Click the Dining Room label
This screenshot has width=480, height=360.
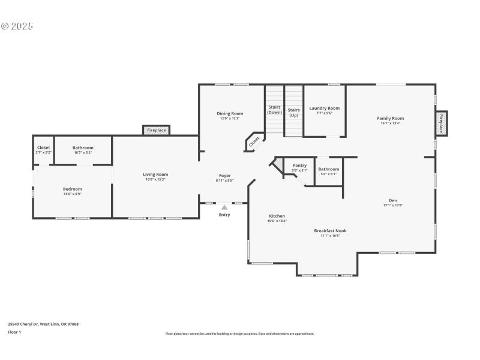point(230,113)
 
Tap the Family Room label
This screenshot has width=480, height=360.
point(390,119)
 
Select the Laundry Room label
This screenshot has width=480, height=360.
point(324,109)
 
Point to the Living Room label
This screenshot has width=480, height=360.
point(155,175)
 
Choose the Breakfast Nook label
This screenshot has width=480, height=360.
point(330,231)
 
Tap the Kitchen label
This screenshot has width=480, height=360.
point(277,216)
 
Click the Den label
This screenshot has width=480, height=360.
point(393,200)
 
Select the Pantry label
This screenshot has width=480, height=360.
point(299,166)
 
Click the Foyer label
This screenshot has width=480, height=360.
point(224,176)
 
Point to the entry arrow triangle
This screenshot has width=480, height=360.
point(224,207)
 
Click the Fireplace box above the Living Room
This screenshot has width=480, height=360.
point(157,130)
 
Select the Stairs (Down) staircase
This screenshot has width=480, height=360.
point(274,110)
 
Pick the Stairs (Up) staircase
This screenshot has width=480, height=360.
point(293,111)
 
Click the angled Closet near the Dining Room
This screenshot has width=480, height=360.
point(254,142)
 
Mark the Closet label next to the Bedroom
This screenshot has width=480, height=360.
point(43,148)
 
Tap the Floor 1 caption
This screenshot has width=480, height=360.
point(14,332)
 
